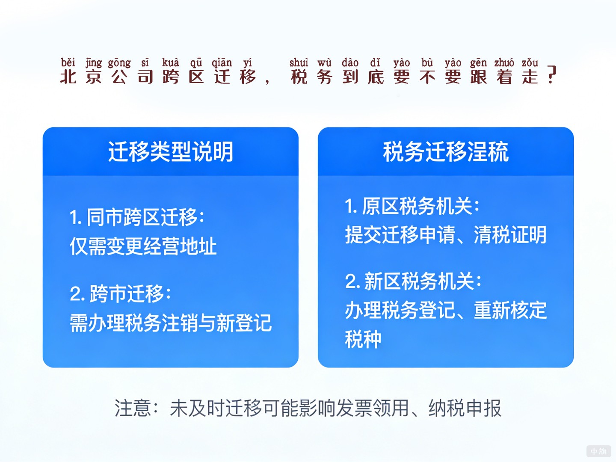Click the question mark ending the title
point(552,75)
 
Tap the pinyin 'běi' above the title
point(68,62)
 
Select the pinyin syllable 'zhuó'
point(504,62)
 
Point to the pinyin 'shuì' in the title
point(299,62)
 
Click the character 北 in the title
point(68,77)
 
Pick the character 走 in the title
point(530,77)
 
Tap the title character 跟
point(478,77)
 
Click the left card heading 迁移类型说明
point(170,152)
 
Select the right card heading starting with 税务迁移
point(445,152)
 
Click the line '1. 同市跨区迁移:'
point(137,217)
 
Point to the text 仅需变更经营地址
point(143,246)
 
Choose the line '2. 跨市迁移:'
point(120,294)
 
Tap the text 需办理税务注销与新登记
point(171,323)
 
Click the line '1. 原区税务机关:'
point(412,206)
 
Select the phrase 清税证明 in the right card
point(510,235)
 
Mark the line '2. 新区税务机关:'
point(413,281)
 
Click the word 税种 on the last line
point(363,339)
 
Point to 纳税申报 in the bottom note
point(465,408)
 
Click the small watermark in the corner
point(598,451)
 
